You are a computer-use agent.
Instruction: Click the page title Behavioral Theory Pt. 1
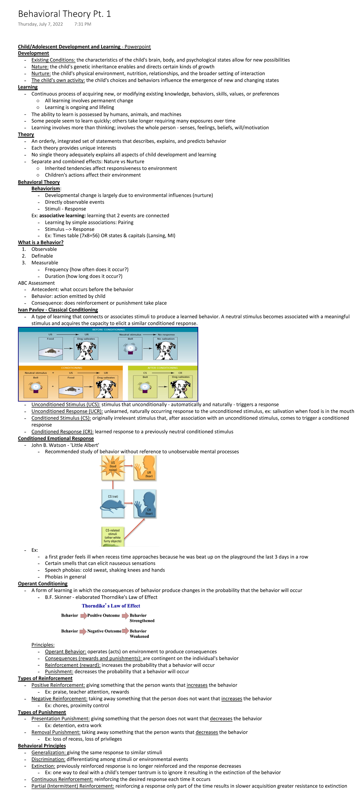pos(64,14)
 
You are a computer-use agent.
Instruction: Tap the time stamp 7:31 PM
pos(83,24)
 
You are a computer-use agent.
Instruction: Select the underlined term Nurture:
pos(41,73)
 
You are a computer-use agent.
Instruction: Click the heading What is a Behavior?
pos(40,242)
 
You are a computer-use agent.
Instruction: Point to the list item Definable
pos(42,256)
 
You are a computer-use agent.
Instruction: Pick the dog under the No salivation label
pos(166,350)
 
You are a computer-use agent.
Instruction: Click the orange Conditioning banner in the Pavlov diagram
pos(71,368)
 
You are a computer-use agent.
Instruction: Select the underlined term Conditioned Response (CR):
pos(62,432)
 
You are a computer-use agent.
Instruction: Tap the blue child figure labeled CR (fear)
pos(145,504)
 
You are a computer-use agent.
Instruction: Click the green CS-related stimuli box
pos(112,536)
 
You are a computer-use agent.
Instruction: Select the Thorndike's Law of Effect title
pos(111,606)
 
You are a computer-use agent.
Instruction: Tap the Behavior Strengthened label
pos(142,618)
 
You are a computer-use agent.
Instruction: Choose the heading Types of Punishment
pos(42,712)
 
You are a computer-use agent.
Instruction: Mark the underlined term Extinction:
pos(43,766)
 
